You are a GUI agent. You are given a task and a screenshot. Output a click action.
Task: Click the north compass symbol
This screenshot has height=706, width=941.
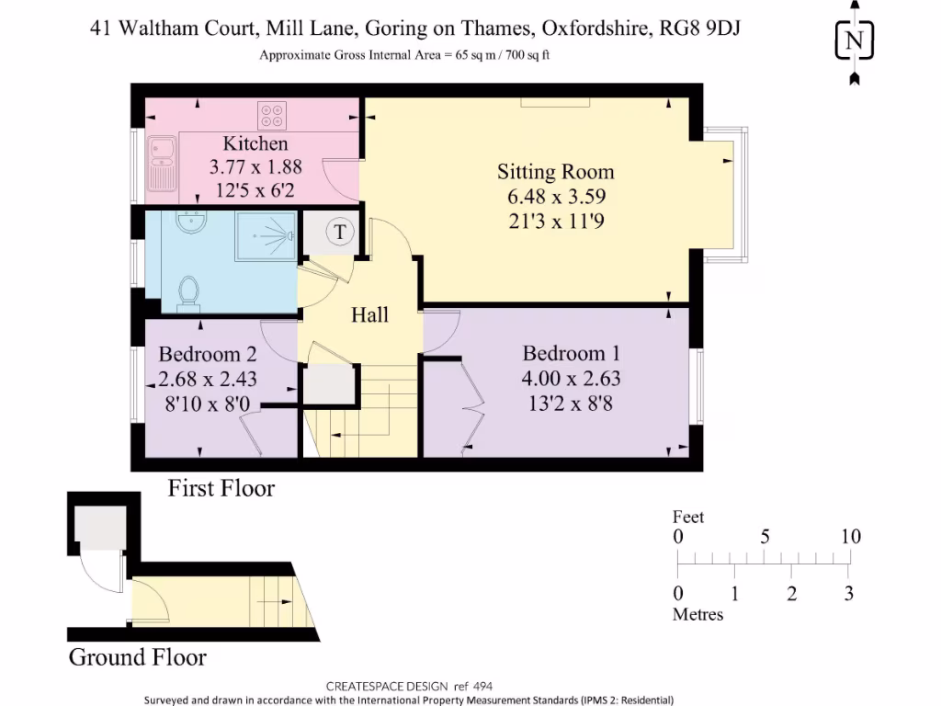(855, 41)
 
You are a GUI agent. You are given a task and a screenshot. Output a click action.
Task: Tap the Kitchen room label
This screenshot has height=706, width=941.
(255, 143)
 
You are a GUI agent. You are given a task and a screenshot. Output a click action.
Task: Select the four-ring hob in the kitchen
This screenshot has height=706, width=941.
(271, 114)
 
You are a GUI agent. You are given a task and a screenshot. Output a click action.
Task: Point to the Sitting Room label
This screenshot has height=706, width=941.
(555, 172)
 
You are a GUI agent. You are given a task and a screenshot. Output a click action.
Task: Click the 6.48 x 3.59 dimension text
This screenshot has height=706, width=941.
(555, 197)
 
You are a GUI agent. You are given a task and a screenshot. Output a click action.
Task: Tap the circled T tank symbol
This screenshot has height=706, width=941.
(340, 232)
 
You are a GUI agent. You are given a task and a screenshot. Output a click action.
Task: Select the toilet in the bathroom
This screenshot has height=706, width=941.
(188, 293)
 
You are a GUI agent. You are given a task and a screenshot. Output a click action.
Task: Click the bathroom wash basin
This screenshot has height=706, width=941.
(193, 222)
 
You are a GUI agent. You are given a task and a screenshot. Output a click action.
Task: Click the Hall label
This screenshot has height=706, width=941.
(370, 315)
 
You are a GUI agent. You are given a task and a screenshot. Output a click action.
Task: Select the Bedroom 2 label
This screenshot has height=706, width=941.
(207, 355)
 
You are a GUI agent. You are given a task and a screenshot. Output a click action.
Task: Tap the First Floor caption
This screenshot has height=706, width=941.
(221, 488)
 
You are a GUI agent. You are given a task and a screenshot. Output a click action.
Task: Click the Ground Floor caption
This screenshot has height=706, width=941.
(137, 657)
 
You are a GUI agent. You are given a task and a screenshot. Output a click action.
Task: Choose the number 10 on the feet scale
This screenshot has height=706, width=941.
(850, 537)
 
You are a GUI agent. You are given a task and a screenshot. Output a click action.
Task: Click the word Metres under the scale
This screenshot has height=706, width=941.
(697, 614)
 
